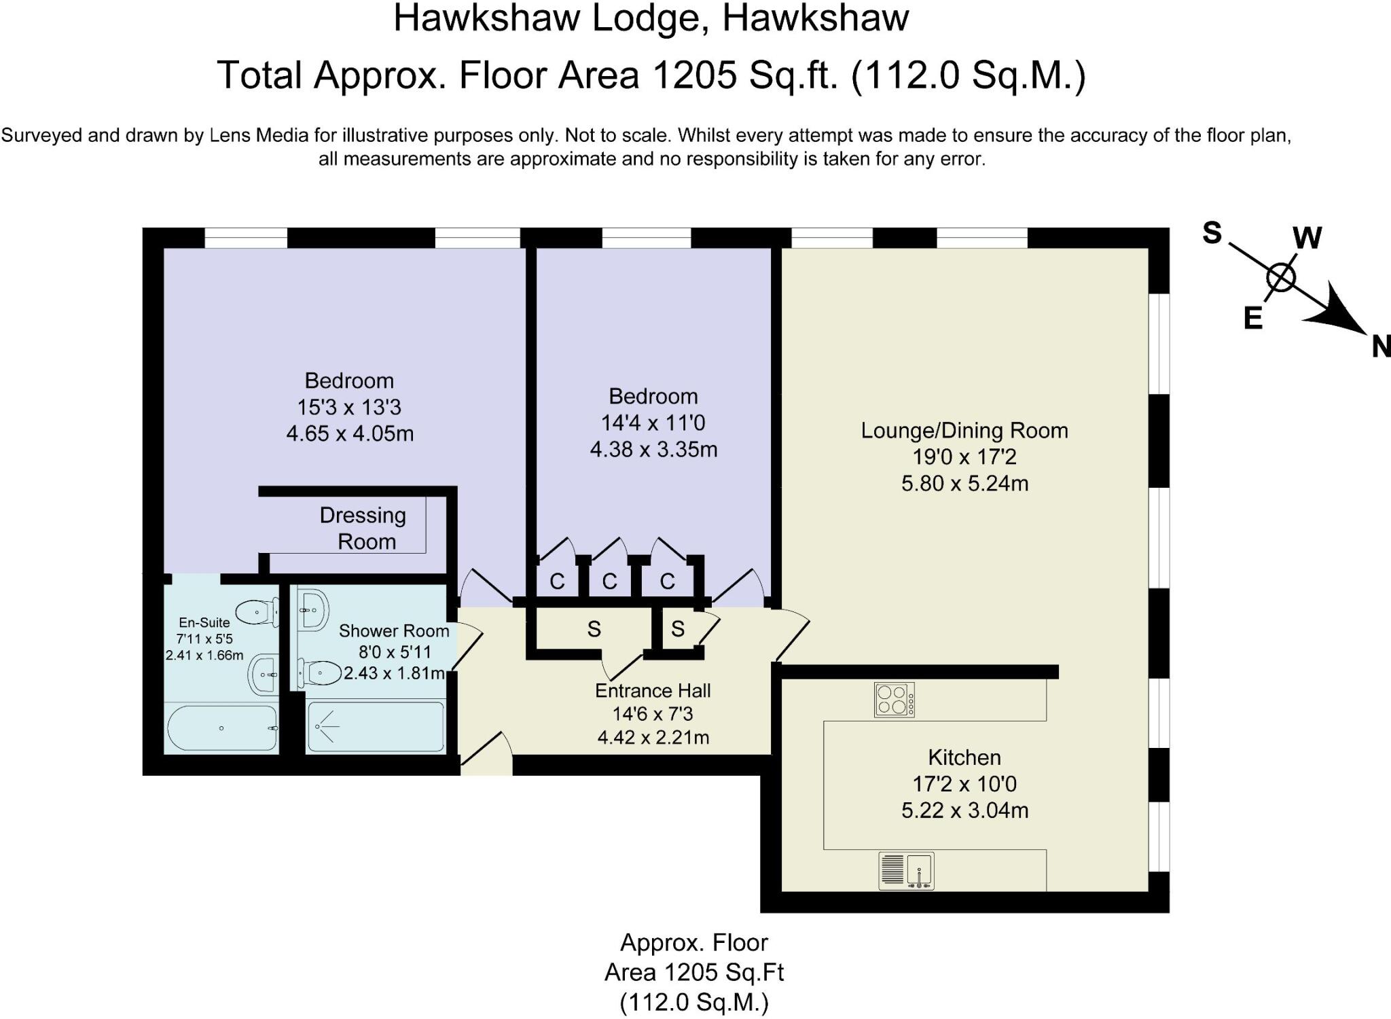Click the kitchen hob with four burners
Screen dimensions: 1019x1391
pos(894,700)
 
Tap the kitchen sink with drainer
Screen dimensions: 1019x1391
pos(906,870)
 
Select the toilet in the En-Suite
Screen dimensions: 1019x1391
pos(257,612)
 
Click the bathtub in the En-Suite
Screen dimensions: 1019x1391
pos(222,728)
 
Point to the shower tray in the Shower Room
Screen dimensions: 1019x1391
pos(376,727)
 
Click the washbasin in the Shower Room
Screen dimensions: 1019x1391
pos(312,608)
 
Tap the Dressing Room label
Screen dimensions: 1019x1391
pos(363,529)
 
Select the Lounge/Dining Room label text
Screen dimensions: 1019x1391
pos(964,430)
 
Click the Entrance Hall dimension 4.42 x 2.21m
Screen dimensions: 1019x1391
pos(653,737)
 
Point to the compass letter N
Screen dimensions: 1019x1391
pos(1380,347)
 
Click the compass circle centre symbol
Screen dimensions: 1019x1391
pos(1281,277)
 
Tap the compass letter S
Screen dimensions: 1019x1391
pos(1212,233)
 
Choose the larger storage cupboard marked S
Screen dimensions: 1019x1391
pos(594,630)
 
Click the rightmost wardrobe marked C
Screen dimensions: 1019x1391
pos(667,581)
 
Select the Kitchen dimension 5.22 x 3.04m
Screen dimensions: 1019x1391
pos(964,810)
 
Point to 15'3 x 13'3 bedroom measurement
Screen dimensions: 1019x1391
pos(349,407)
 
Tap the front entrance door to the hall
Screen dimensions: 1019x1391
pos(486,754)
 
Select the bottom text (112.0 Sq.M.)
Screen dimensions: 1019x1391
pos(693,1002)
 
